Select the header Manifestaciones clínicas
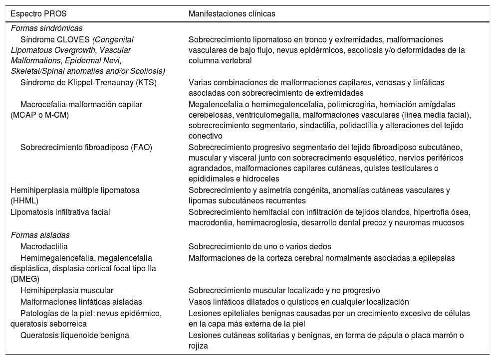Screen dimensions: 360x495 (x=232, y=14)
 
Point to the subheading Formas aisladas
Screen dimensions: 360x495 (x=40, y=235)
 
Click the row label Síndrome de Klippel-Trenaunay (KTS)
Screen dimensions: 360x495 (x=88, y=82)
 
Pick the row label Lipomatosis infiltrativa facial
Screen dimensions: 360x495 (x=60, y=212)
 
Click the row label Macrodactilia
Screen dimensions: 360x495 (x=44, y=246)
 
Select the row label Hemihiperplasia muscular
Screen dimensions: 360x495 (x=67, y=290)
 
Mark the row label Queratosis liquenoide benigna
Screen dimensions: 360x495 (x=75, y=335)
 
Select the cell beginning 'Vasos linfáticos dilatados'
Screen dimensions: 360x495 (x=299, y=302)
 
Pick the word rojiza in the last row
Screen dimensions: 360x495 (x=198, y=346)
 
